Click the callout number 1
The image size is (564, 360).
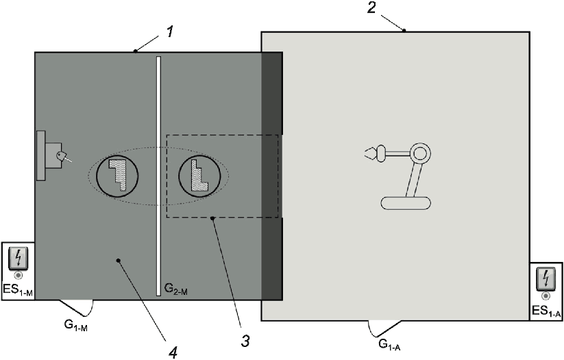point(170,32)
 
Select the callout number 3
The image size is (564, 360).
point(245,341)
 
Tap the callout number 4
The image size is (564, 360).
point(173,352)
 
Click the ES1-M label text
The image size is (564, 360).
point(18,290)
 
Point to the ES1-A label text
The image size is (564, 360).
point(546,311)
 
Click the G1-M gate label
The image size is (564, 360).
point(76,325)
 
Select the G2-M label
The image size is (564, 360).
point(176,289)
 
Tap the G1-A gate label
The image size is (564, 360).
point(389,344)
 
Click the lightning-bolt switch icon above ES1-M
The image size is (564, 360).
point(18,259)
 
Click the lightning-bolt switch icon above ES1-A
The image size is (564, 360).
point(546,279)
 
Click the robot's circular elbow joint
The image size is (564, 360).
point(420,154)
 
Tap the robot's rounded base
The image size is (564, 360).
point(406,203)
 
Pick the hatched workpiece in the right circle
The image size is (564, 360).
point(198,175)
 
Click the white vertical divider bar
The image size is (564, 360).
point(158,176)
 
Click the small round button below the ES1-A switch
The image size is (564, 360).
point(546,296)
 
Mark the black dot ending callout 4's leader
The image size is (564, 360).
point(118,260)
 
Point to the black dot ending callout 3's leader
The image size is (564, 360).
point(212,218)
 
